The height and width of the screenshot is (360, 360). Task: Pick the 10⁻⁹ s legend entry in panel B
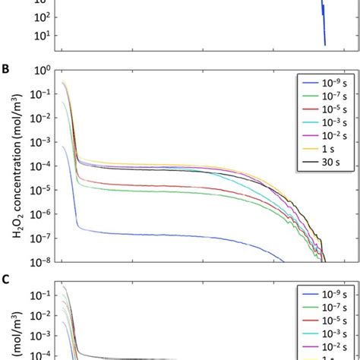[324, 82]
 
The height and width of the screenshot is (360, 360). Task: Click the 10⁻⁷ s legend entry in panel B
[324, 95]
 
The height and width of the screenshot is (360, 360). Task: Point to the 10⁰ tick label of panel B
[43, 71]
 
